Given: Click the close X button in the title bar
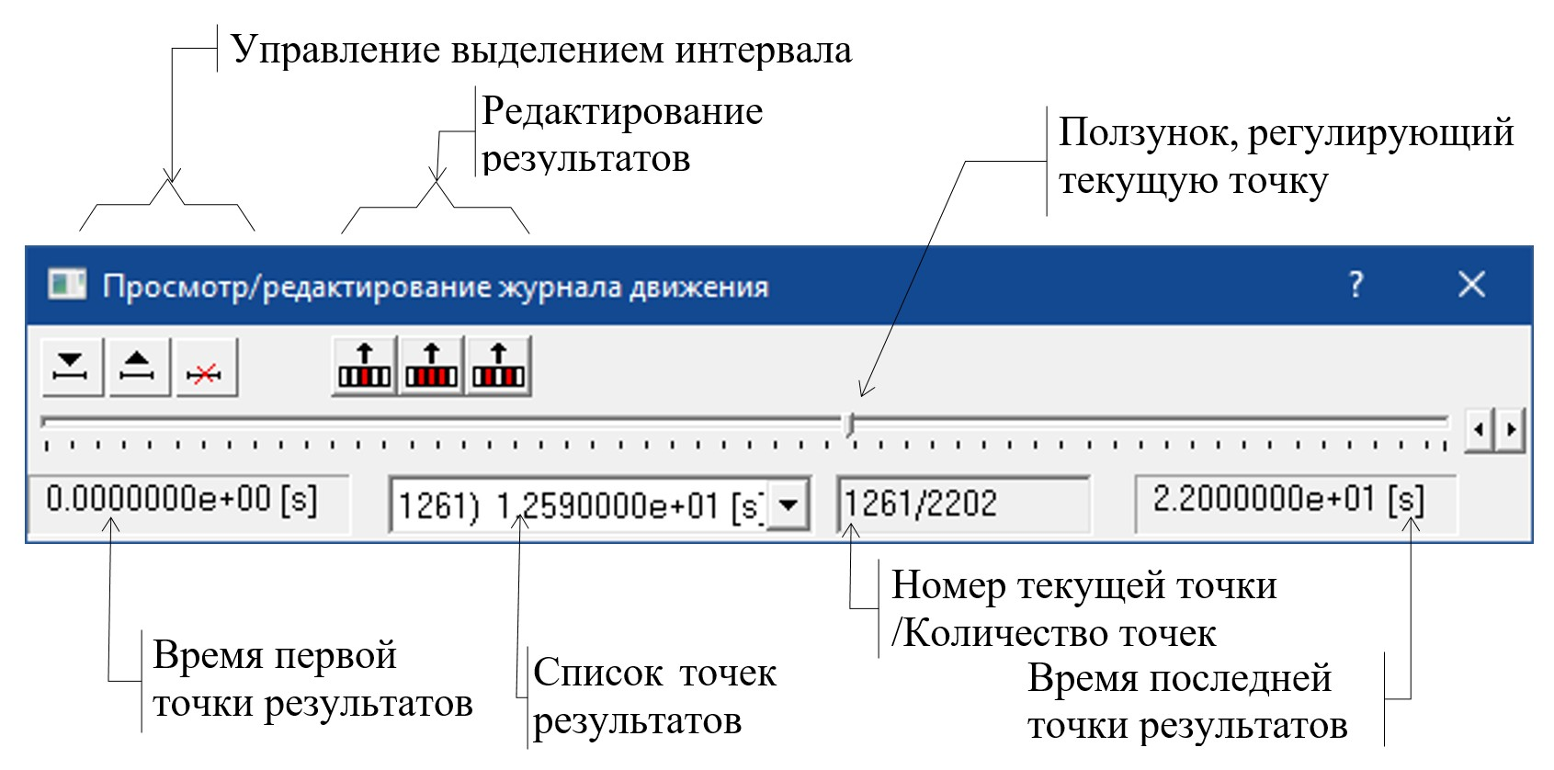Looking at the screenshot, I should pos(1471,285).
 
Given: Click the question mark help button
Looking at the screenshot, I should pos(1355,285).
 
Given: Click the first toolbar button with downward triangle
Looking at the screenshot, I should pos(72,368).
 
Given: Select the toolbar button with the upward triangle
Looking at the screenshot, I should pos(139,368).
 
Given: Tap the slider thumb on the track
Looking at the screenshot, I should pos(851,425).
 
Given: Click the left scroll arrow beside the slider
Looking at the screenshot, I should pos(1479,429).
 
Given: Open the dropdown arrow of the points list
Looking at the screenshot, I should pos(788,504).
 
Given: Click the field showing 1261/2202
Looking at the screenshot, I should pos(963,504).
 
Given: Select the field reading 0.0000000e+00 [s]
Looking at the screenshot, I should pos(188,502).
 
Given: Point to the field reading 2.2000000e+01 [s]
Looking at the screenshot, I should pos(1294,502).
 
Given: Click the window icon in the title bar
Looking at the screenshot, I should pos(66,285).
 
